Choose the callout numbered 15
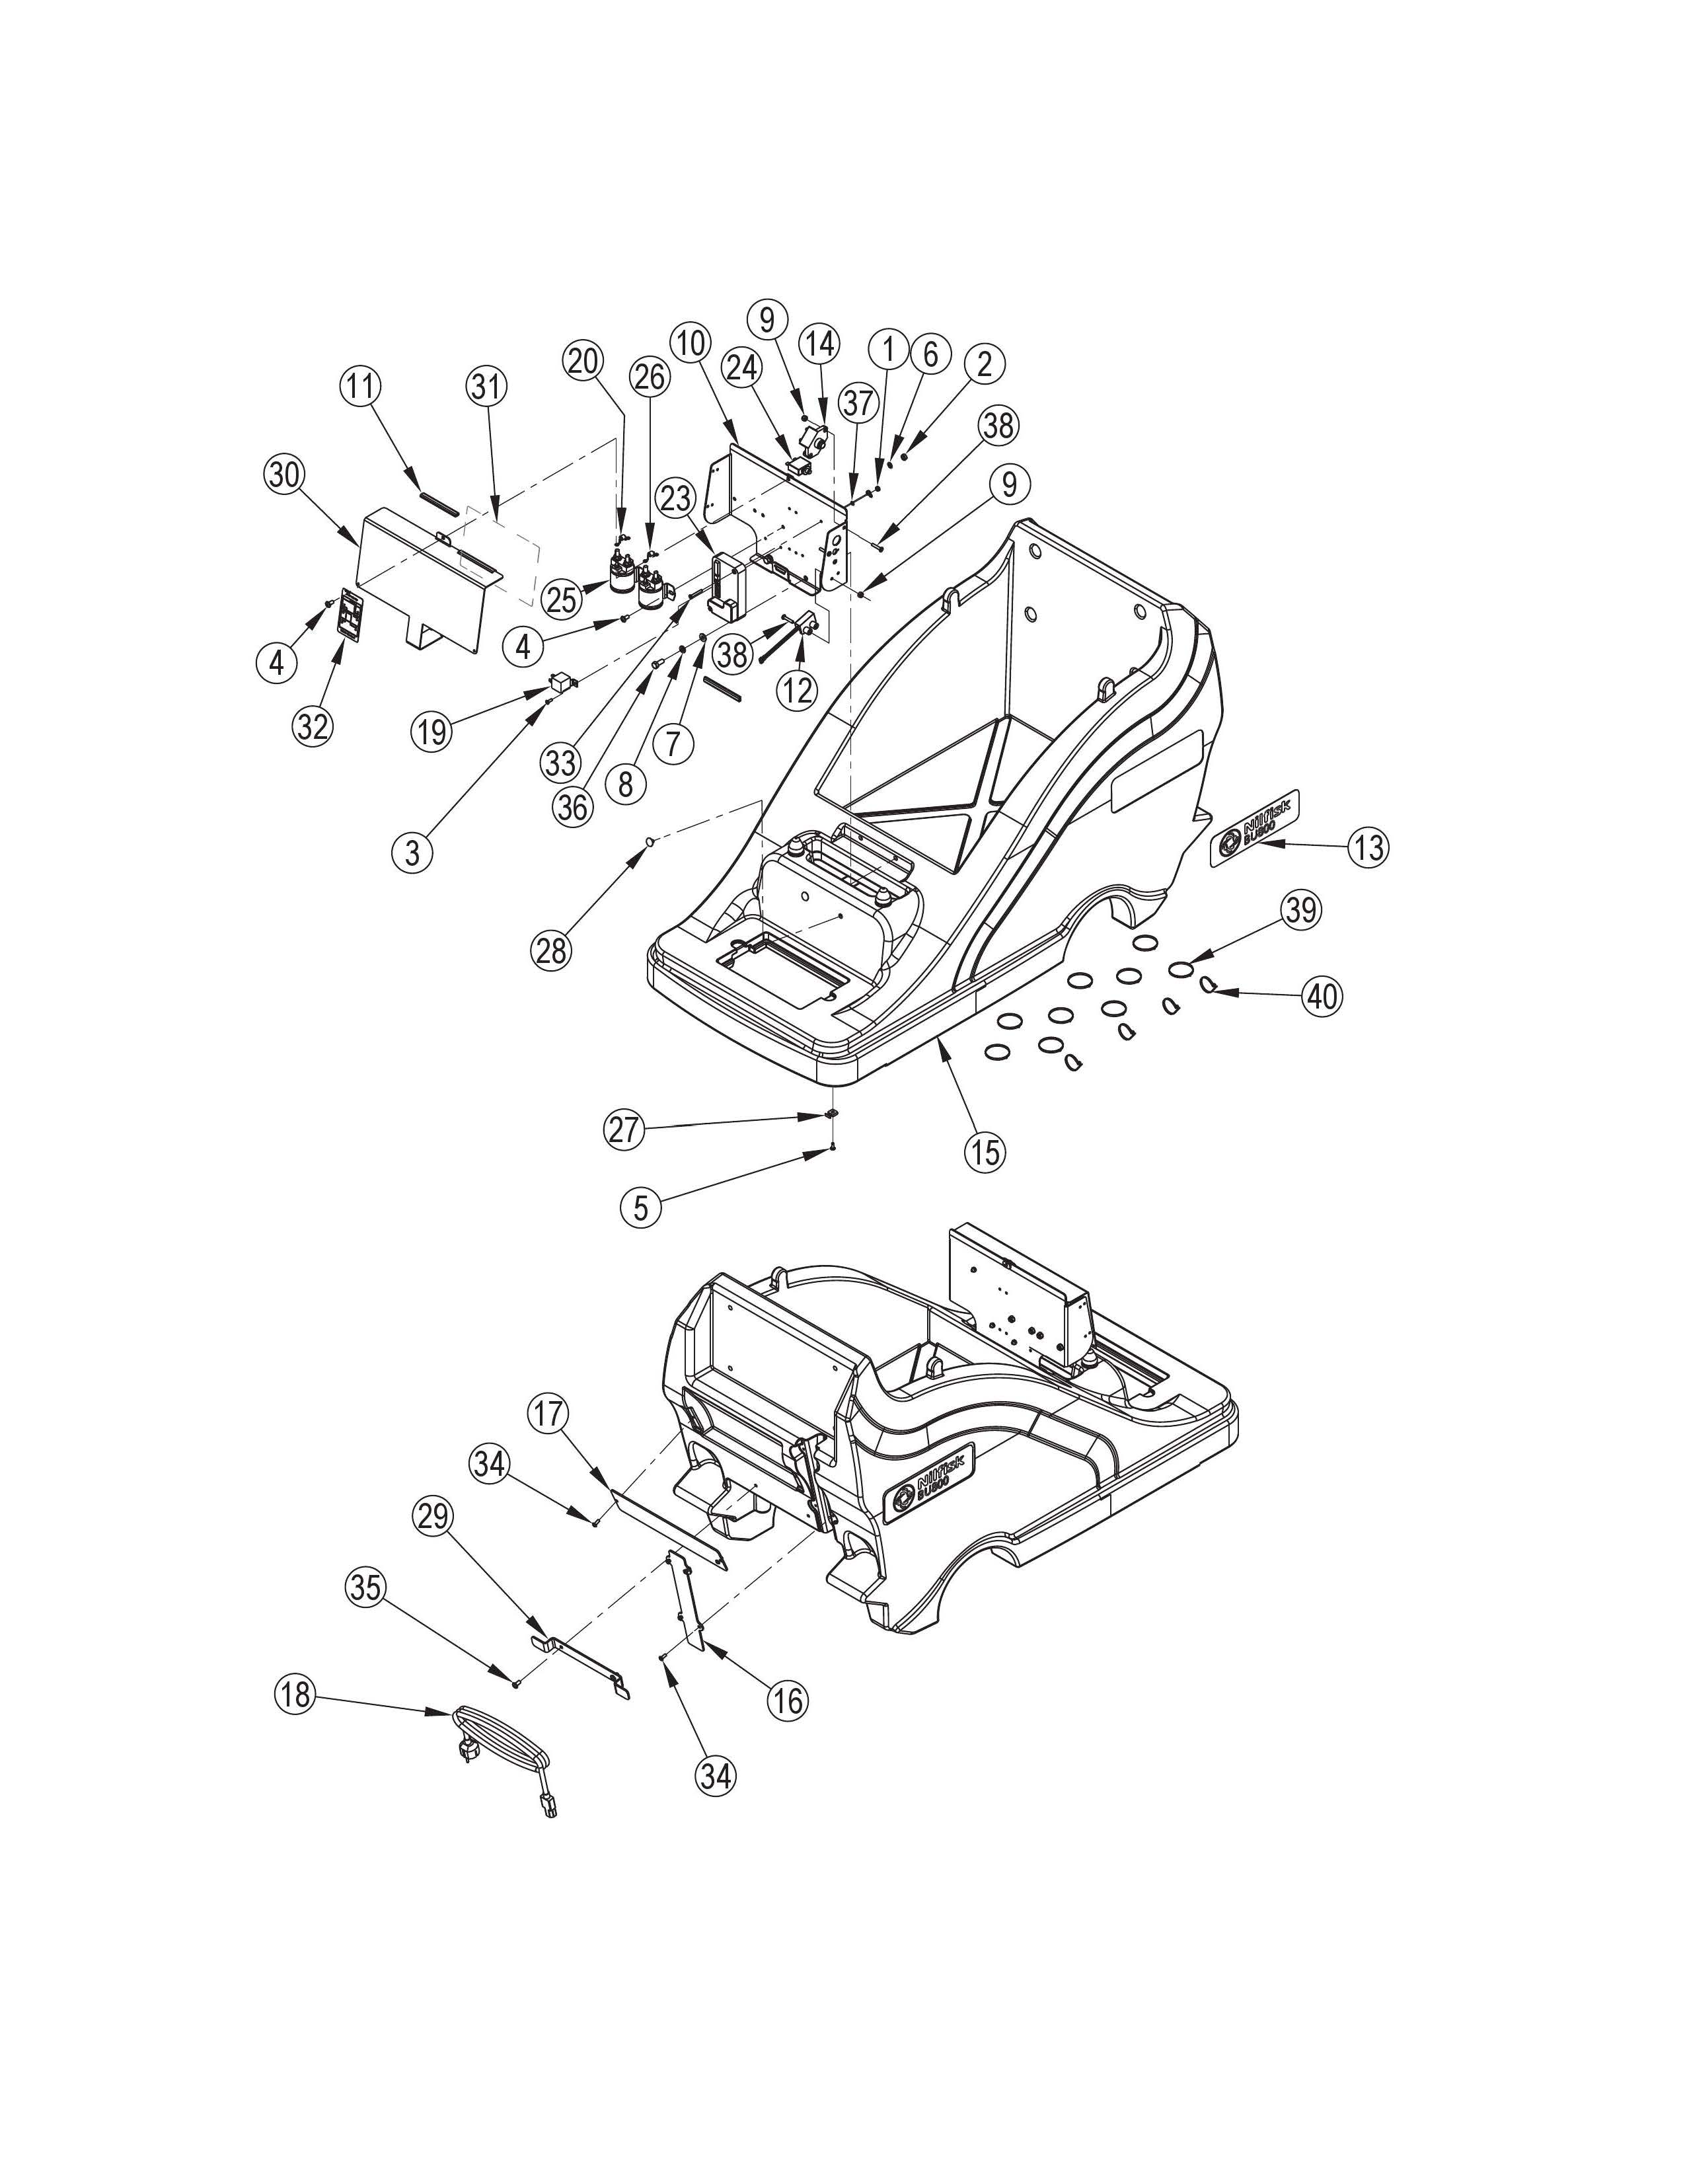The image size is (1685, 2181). point(985,1151)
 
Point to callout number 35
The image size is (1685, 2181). point(365,1587)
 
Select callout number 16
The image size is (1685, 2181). point(788,1700)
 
